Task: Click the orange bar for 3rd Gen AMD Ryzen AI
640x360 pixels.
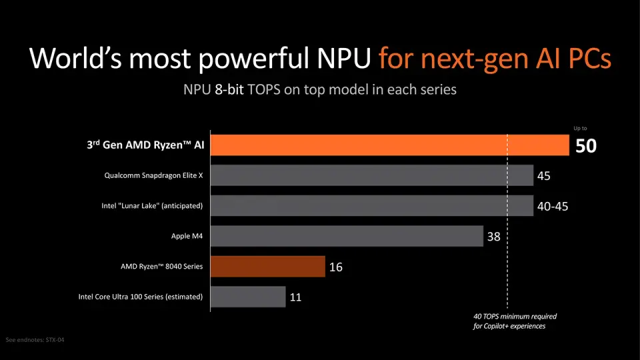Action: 390,145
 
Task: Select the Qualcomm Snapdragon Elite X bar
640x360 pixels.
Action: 372,176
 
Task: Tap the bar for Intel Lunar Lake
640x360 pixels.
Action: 372,206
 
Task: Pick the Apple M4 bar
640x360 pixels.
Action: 347,236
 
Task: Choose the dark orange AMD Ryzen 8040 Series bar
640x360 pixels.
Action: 268,267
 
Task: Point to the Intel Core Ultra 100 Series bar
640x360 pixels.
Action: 249,297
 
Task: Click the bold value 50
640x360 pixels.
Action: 585,146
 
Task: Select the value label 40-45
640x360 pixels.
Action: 553,207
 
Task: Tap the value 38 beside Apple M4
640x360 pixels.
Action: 493,237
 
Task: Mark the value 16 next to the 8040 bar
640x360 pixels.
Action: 335,267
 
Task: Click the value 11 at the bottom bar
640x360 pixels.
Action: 295,297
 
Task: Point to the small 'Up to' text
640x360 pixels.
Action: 580,128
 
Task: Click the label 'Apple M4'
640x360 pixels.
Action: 187,236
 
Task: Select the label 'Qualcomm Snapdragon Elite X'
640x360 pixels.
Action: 153,176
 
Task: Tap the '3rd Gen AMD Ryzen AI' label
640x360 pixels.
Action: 145,145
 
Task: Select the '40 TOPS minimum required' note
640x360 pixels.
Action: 513,317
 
